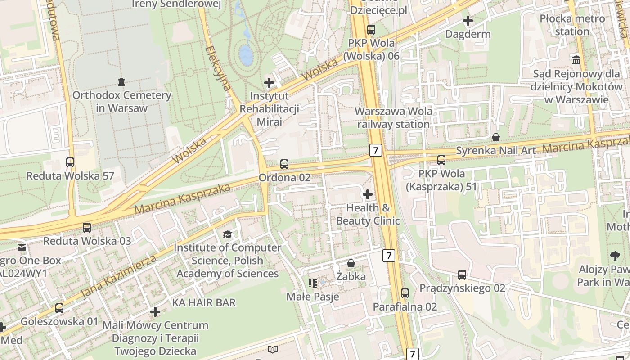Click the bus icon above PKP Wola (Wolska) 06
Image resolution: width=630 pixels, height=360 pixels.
point(371,30)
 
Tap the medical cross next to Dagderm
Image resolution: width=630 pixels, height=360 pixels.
point(468,20)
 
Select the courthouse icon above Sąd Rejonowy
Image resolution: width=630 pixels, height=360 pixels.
point(576,59)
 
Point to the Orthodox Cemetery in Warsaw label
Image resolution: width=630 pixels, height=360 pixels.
point(121,102)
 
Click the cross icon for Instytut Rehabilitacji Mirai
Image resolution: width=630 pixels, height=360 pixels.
point(269,82)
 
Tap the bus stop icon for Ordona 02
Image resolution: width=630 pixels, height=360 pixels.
point(284,164)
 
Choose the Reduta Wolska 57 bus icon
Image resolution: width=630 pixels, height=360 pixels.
point(70,162)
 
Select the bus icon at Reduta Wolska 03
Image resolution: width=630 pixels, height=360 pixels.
point(87,228)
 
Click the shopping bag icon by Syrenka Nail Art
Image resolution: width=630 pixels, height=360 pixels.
point(496,137)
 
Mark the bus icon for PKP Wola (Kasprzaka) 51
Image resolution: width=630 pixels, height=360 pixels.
point(441,160)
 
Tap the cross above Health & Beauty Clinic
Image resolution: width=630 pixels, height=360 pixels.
point(368,194)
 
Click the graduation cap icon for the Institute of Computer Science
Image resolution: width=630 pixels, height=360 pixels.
point(227,234)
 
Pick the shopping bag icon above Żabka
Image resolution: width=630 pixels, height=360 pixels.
point(351,263)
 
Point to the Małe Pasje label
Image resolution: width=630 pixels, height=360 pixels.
point(313,297)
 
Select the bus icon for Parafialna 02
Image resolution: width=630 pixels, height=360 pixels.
point(405,293)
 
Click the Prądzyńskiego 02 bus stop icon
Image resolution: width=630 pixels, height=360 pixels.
point(462,275)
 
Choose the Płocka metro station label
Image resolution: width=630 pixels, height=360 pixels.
point(572,25)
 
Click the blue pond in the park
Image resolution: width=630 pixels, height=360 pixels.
point(246,54)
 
